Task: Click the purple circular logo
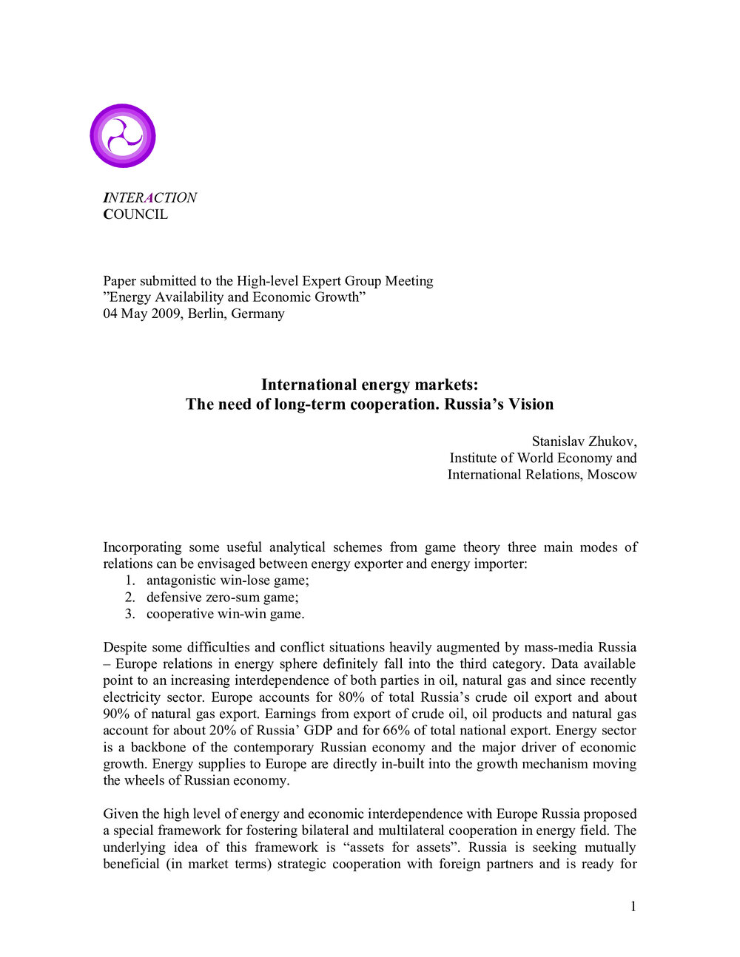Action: coord(123,136)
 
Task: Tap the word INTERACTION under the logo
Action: coord(149,197)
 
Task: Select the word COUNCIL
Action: coord(135,214)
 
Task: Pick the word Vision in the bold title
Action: coord(531,404)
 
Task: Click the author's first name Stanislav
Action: coord(559,442)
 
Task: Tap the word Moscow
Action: coord(612,475)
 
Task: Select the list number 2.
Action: coord(129,598)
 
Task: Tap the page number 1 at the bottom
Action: coord(633,907)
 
